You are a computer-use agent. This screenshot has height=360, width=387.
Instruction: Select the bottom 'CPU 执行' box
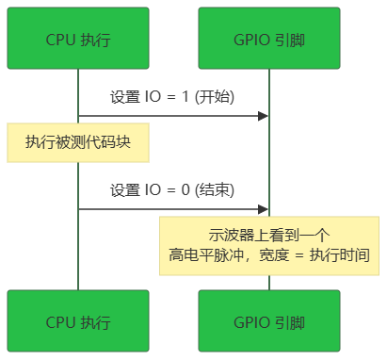(77, 322)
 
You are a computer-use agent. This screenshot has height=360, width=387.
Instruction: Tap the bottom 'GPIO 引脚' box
(269, 322)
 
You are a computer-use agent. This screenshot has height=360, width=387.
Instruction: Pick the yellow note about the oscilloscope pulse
(269, 244)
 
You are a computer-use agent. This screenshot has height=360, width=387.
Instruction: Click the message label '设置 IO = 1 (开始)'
(172, 97)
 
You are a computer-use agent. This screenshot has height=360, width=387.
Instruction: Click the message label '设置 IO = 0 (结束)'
(172, 190)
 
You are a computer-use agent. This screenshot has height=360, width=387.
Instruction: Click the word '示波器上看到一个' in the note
(269, 235)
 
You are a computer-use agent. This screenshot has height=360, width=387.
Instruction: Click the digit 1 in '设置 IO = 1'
(185, 97)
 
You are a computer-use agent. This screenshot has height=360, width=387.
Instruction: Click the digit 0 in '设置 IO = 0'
(185, 190)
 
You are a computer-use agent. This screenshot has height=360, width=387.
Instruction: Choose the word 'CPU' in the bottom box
(61, 322)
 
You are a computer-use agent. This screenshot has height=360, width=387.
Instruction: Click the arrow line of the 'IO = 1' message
(169, 116)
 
